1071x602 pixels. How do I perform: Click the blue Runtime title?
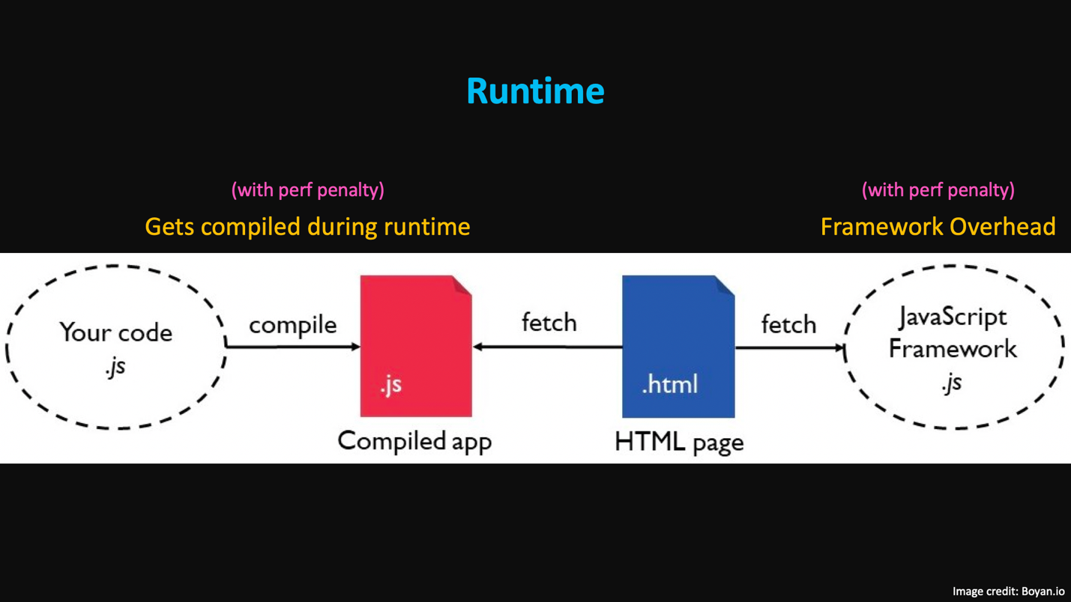click(535, 91)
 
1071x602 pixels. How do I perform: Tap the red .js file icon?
click(416, 346)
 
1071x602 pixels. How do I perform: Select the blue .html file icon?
click(678, 347)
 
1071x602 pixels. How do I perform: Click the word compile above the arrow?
click(292, 325)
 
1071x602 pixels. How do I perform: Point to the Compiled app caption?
click(414, 440)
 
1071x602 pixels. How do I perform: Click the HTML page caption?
click(679, 442)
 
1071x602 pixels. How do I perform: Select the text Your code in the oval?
click(115, 332)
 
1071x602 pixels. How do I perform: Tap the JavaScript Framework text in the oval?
click(953, 332)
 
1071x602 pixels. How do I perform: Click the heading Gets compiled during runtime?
click(307, 226)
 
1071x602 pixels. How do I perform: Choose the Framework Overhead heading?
click(938, 226)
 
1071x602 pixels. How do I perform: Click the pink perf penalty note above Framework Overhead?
click(938, 190)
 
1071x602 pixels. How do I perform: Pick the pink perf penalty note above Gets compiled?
click(308, 190)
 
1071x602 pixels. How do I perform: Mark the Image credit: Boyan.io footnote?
click(1008, 591)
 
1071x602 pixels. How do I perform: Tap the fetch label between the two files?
click(549, 323)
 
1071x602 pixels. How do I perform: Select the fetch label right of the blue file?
click(788, 324)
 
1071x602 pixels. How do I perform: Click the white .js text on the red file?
click(390, 385)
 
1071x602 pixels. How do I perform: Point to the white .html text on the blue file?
click(669, 384)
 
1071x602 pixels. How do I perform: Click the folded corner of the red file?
click(462, 286)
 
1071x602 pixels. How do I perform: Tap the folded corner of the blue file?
click(724, 286)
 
